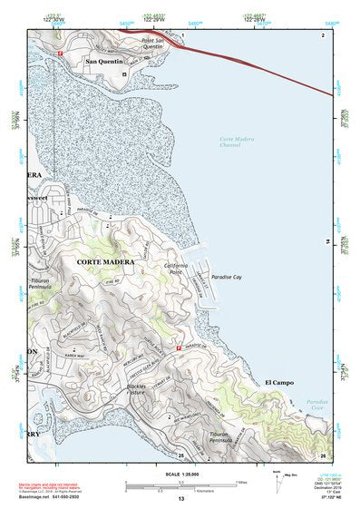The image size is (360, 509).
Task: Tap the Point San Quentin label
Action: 157,44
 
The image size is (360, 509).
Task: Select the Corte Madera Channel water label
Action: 238,141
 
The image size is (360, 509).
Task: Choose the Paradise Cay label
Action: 227,277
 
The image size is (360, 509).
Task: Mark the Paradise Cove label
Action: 318,405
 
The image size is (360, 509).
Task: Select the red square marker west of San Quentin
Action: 61,54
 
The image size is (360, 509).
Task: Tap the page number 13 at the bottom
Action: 181,499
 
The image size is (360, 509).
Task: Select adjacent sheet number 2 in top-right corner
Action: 322,34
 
